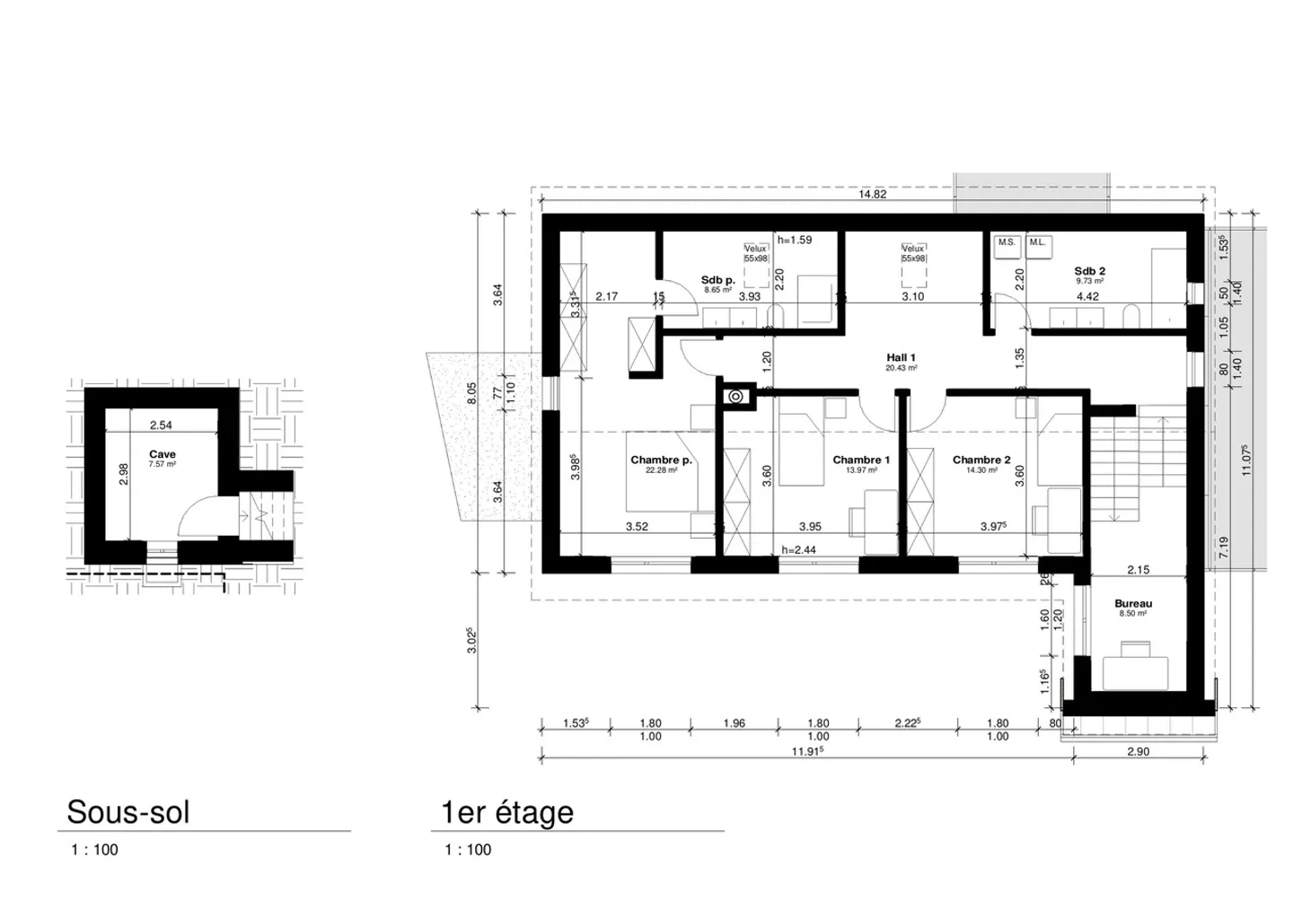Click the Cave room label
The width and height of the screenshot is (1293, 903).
pyautogui.click(x=163, y=455)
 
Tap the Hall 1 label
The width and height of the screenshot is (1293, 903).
pyautogui.click(x=901, y=358)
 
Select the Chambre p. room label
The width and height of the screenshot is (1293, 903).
pyautogui.click(x=661, y=460)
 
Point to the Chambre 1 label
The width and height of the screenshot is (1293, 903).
pyautogui.click(x=860, y=460)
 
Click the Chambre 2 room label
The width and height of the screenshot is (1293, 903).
pyautogui.click(x=981, y=460)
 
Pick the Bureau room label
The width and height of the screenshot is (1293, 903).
pyautogui.click(x=1133, y=604)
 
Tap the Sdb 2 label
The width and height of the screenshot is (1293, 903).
pyautogui.click(x=1089, y=271)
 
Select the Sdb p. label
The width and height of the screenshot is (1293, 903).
pyautogui.click(x=718, y=281)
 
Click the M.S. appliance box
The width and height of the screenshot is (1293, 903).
pyautogui.click(x=1007, y=243)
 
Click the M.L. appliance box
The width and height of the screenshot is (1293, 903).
pyautogui.click(x=1038, y=243)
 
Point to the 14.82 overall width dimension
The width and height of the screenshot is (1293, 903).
pyautogui.click(x=872, y=194)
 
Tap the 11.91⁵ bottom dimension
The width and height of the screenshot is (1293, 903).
pyautogui.click(x=807, y=752)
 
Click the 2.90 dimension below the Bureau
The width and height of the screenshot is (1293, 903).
pyautogui.click(x=1138, y=752)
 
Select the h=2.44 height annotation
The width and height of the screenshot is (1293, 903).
pyautogui.click(x=798, y=550)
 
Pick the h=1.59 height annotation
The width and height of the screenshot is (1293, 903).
pyautogui.click(x=795, y=241)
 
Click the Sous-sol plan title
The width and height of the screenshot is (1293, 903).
pyautogui.click(x=128, y=812)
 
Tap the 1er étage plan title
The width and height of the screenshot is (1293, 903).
pyautogui.click(x=506, y=812)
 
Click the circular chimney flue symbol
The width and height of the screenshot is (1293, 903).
pyautogui.click(x=735, y=396)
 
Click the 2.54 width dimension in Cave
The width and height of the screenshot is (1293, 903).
pyautogui.click(x=161, y=425)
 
